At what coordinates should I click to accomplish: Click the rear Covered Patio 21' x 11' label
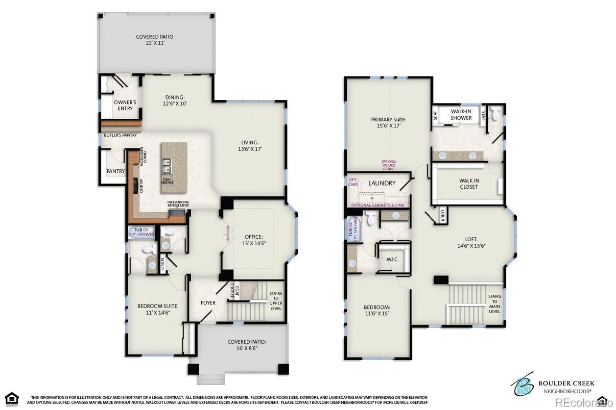pos(155,40)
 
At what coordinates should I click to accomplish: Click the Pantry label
pos(115,171)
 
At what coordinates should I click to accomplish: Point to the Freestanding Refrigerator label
pos(178,203)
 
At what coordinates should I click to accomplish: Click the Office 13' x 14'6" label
pos(254,240)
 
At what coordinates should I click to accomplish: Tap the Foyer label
pos(208,302)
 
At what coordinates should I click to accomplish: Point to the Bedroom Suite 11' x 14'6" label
pos(158,309)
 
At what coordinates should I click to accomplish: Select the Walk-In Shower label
pos(461,115)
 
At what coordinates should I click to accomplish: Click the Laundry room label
pos(382,183)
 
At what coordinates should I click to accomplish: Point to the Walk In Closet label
pos(468,184)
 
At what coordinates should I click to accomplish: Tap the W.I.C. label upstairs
pos(392,259)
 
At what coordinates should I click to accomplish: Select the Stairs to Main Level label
pos(494,303)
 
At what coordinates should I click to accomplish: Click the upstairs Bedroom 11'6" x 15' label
pos(377,310)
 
